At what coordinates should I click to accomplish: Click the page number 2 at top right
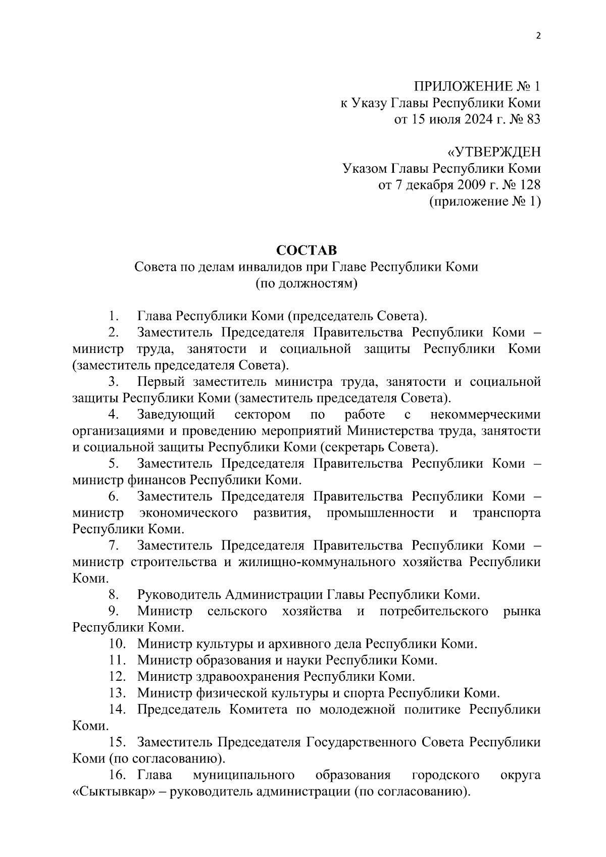click(538, 36)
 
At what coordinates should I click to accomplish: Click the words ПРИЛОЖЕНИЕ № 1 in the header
click(477, 86)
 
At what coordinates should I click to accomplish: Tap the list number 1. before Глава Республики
click(113, 317)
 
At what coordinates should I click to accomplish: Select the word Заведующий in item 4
click(176, 415)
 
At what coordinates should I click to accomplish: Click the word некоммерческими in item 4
click(485, 415)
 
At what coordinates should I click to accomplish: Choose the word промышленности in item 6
click(380, 513)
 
